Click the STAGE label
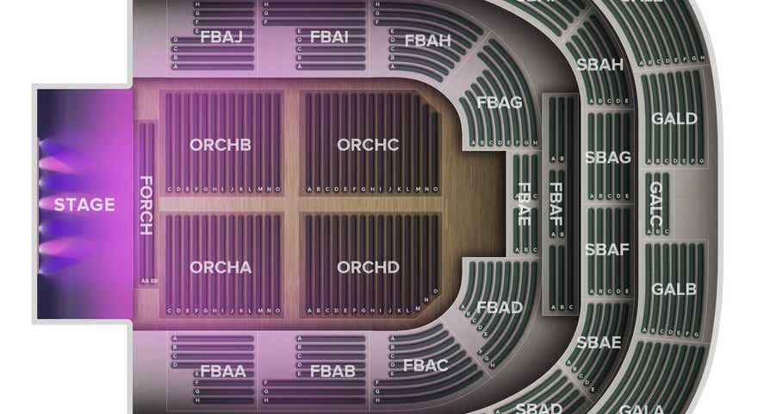click(x=84, y=204)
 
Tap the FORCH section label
click(x=146, y=205)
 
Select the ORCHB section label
click(x=221, y=145)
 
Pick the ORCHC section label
click(x=368, y=145)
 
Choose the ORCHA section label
click(x=221, y=267)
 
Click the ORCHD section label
click(x=368, y=267)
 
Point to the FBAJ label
click(x=221, y=37)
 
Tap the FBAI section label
click(x=329, y=37)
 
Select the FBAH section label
click(x=427, y=40)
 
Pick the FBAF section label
click(x=556, y=204)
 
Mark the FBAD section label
click(x=500, y=307)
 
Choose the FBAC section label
click(x=426, y=366)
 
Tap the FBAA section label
click(x=223, y=372)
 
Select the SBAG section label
click(x=607, y=158)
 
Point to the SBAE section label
click(x=599, y=342)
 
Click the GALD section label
click(x=674, y=118)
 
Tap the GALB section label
click(x=674, y=289)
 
